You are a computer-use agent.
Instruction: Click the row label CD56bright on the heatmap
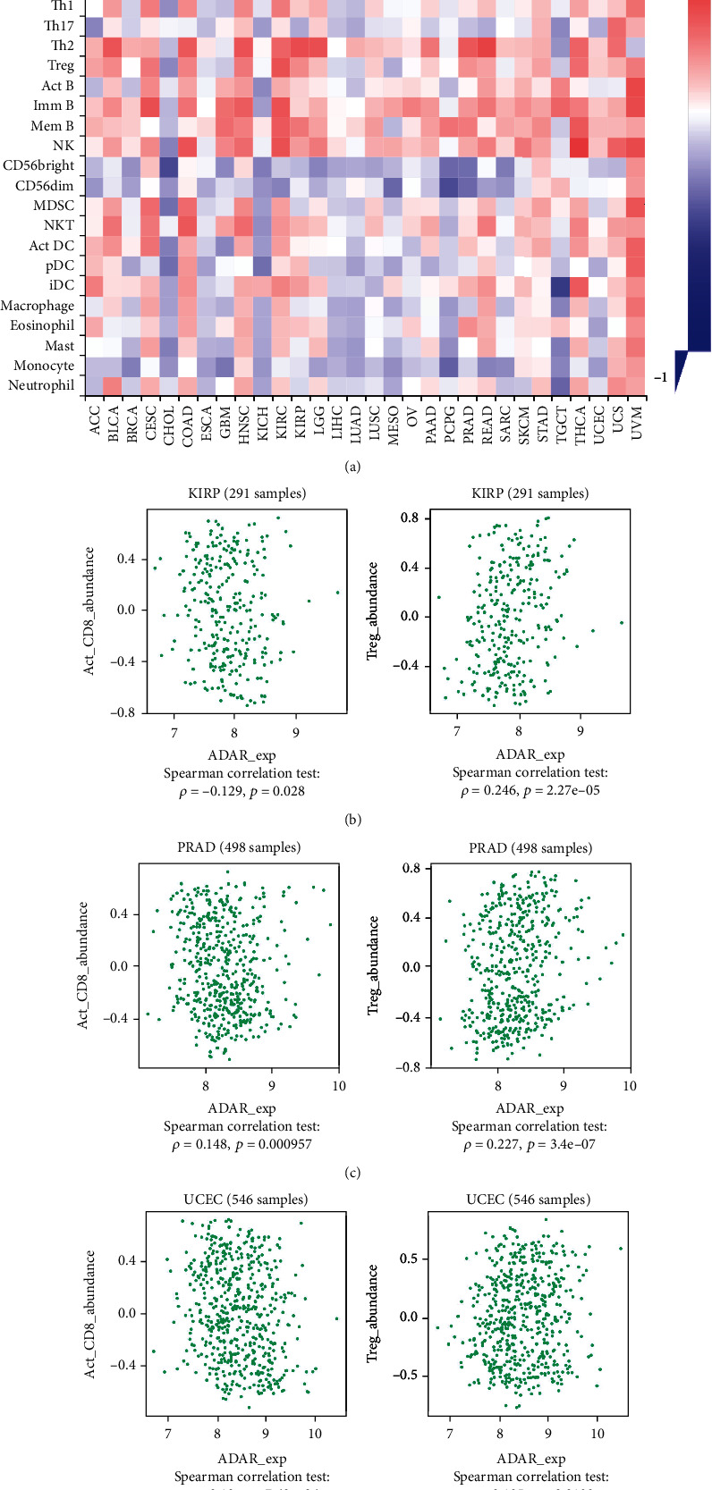[38, 166]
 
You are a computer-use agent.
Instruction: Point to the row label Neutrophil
[41, 385]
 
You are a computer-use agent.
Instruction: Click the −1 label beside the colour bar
[661, 378]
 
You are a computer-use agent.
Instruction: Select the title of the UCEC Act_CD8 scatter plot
[248, 1200]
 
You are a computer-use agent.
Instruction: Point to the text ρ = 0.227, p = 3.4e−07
[530, 1144]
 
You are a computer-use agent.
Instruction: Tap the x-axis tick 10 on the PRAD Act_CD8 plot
[337, 1085]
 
